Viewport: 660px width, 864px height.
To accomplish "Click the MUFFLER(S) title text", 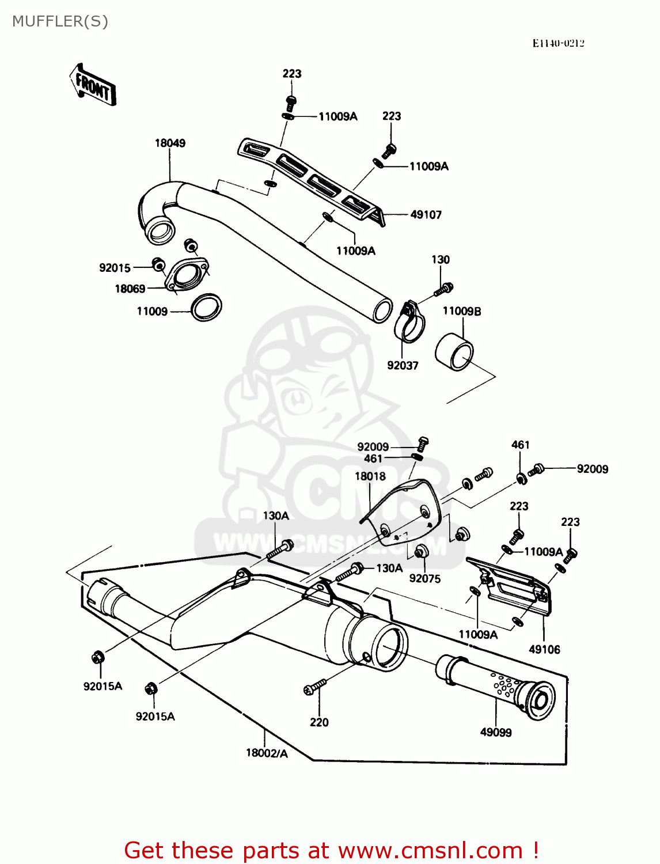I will tap(60, 21).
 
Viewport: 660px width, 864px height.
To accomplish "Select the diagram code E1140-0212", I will tap(557, 43).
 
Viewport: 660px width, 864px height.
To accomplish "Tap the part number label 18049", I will tap(170, 143).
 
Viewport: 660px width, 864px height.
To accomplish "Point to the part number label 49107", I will tap(426, 215).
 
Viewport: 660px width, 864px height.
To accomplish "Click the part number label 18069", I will tap(130, 289).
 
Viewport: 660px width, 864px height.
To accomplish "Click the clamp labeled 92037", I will tap(409, 325).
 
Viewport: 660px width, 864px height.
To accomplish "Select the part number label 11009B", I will tap(461, 311).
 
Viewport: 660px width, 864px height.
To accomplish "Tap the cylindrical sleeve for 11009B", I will tap(454, 351).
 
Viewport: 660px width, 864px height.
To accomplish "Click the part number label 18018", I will tap(370, 476).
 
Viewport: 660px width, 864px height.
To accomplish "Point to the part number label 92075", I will tap(424, 578).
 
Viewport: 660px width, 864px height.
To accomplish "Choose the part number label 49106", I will tap(544, 649).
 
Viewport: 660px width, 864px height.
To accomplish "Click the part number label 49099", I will tap(496, 732).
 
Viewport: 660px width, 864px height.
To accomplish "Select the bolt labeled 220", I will tap(314, 687).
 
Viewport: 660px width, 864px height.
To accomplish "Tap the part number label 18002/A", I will tap(267, 753).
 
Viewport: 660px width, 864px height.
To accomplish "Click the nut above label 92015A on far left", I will tap(98, 657).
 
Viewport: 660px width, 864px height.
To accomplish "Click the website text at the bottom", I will tap(331, 850).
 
